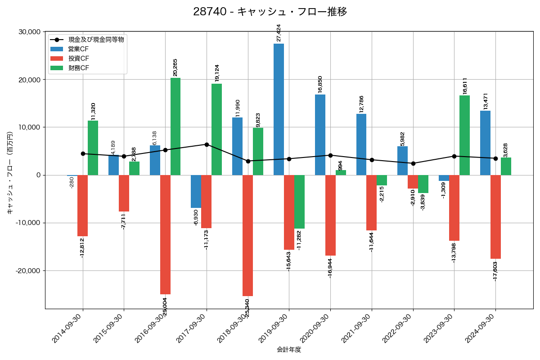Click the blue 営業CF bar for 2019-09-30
(x=279, y=109)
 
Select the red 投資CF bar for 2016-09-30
(x=165, y=234)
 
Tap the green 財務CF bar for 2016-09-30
(x=175, y=126)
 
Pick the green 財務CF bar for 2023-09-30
(x=464, y=135)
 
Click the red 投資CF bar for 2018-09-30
(x=247, y=235)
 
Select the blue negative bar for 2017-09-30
(x=196, y=191)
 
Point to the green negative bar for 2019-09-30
(x=299, y=202)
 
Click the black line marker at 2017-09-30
(x=207, y=144)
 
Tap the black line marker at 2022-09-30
(x=413, y=163)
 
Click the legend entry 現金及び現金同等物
(x=96, y=40)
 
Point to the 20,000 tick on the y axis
(x=28, y=80)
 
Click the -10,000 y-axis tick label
(x=27, y=223)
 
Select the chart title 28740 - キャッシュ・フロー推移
(x=270, y=12)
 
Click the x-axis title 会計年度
(x=289, y=350)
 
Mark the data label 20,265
(x=175, y=67)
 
